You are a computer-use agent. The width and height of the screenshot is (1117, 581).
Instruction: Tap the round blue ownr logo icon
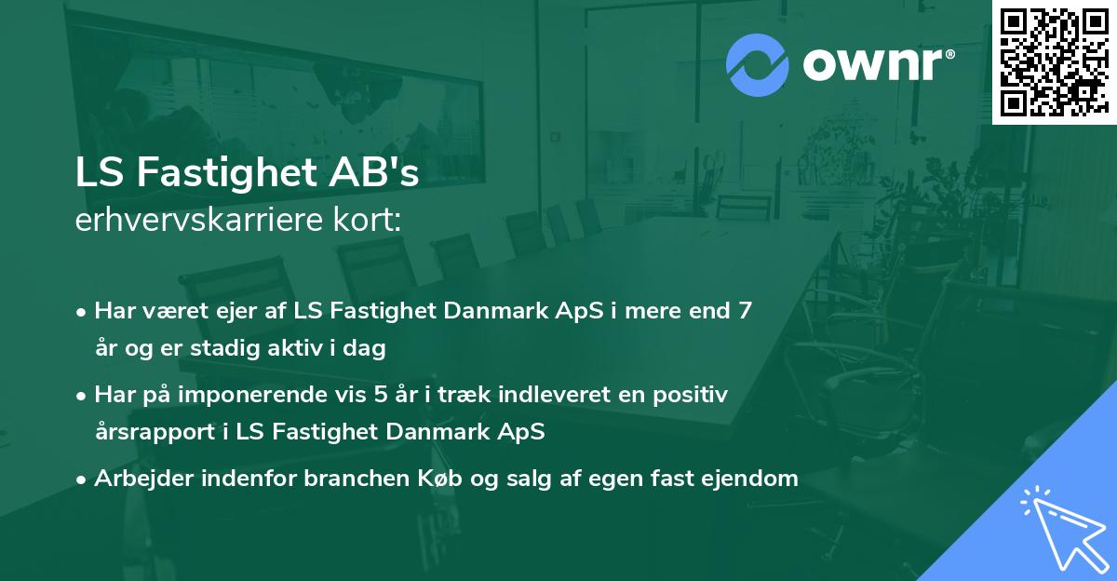[758, 66]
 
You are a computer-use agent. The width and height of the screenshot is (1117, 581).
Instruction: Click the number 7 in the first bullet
[745, 311]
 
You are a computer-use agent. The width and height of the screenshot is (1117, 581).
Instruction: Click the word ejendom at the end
[755, 479]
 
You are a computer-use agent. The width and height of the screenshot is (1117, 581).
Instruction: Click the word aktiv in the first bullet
[307, 348]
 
